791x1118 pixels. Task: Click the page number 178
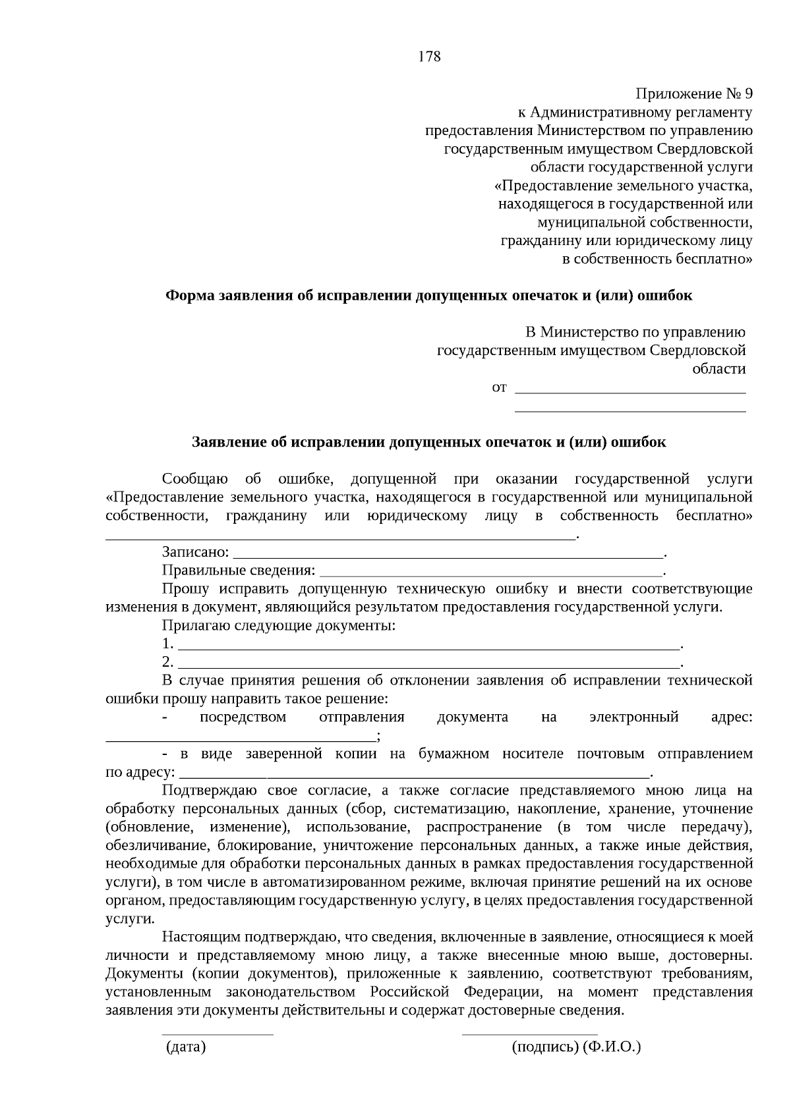[x=429, y=57]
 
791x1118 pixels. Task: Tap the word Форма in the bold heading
[x=188, y=295]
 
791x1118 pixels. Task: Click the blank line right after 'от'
[x=630, y=392]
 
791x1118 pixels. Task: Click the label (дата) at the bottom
[x=186, y=1047]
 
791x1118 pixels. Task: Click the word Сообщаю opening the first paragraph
[x=195, y=478]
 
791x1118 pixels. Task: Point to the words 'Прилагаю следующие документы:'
[x=279, y=625]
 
